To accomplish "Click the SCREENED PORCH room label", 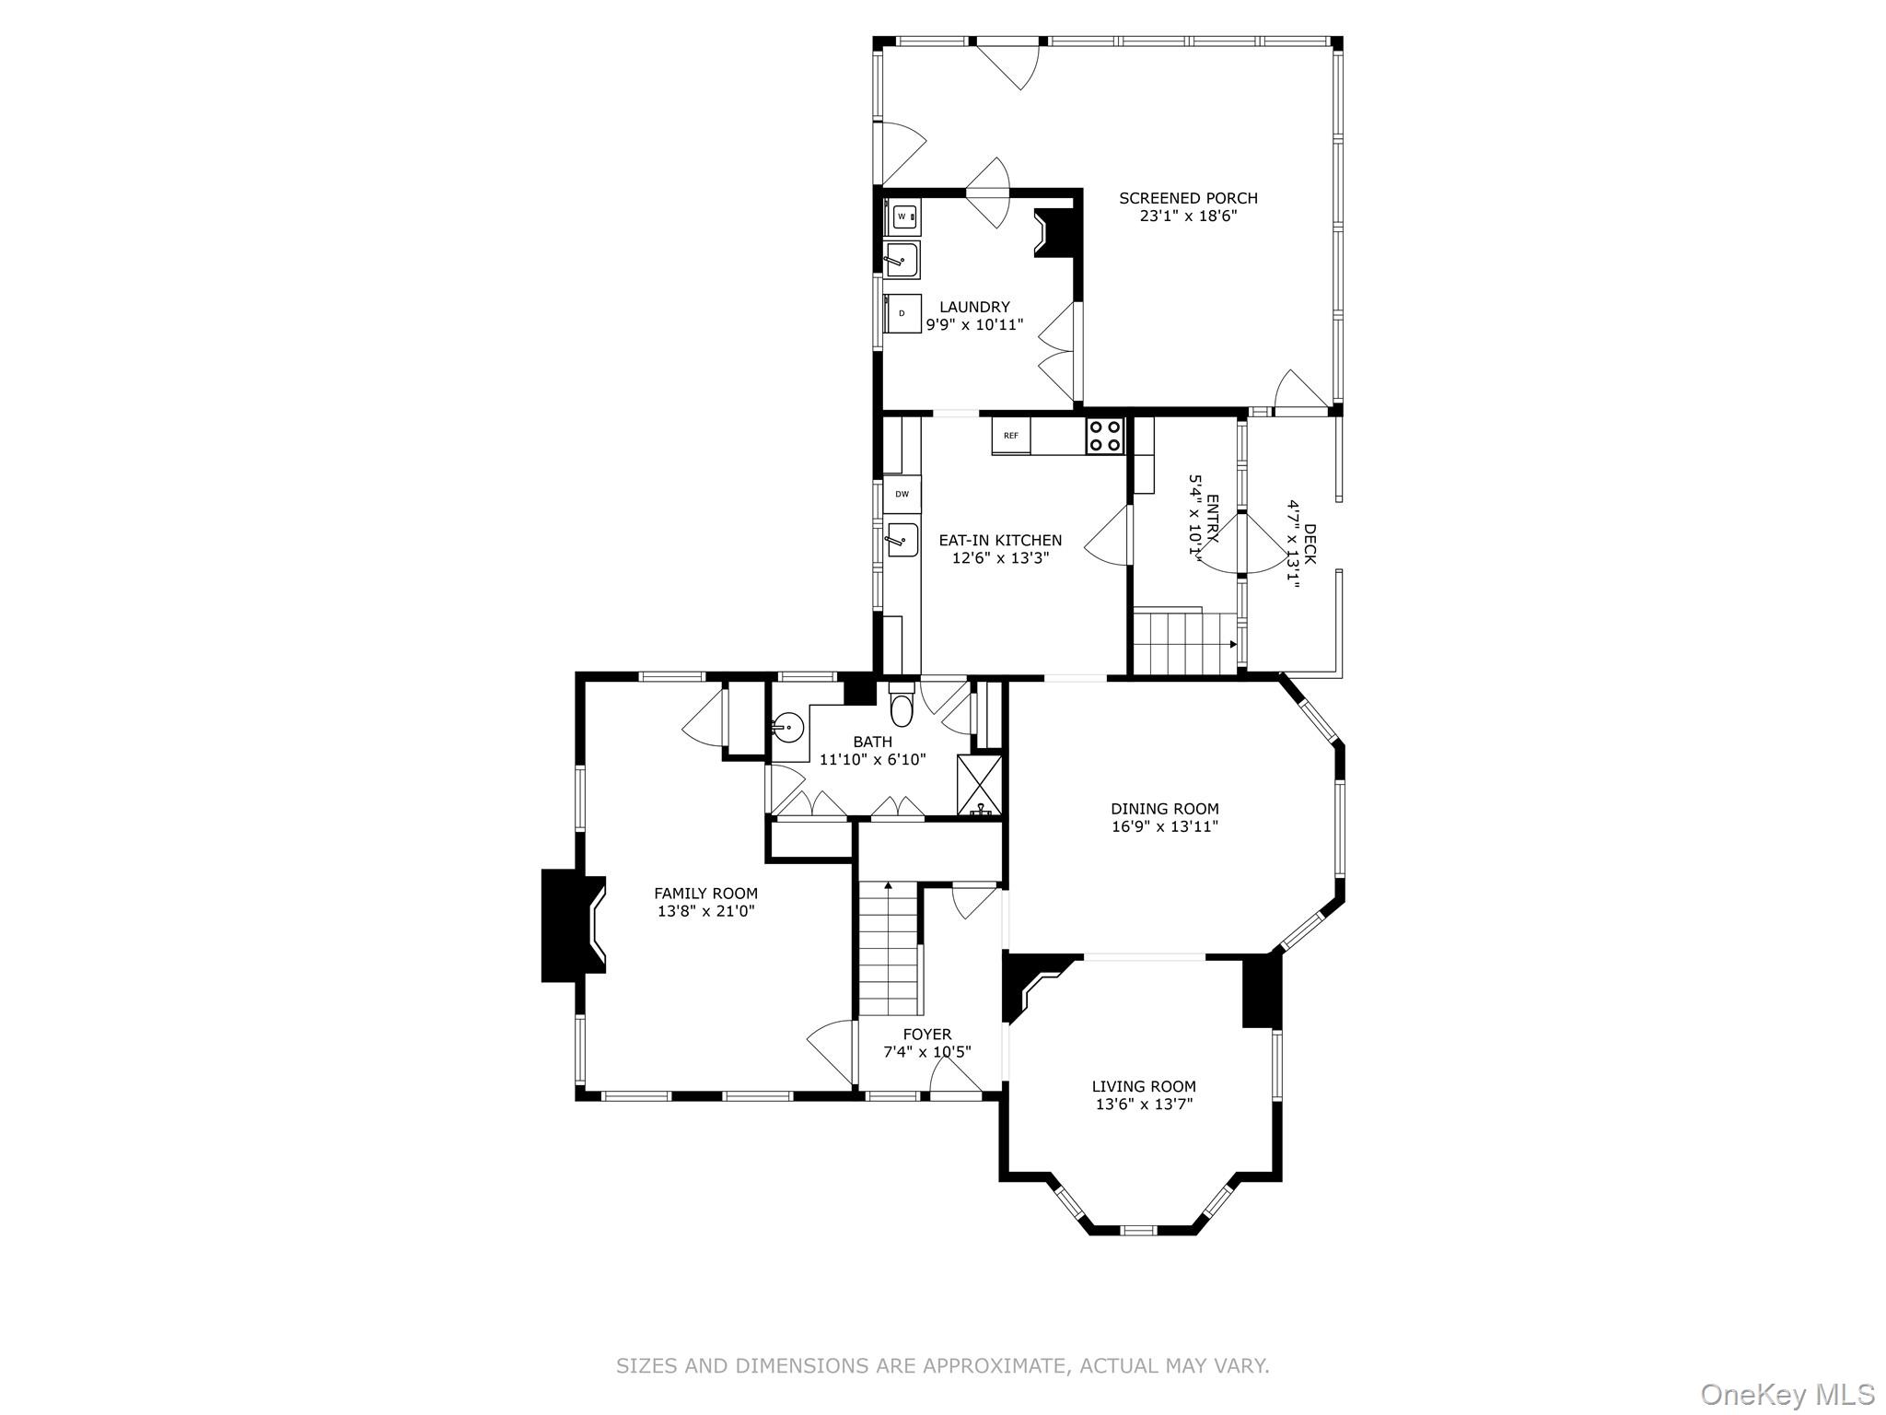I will [1188, 198].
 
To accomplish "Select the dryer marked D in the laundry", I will [902, 313].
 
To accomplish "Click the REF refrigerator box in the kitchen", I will [1011, 436].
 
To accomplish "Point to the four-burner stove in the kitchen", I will [1105, 436].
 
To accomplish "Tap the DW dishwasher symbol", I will [902, 495].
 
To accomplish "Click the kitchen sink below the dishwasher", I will [902, 539].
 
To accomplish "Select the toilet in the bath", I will [902, 707].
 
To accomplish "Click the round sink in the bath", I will [787, 730].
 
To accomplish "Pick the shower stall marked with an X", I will [979, 783].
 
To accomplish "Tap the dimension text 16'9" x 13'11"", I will [1165, 827].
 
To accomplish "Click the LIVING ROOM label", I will [1144, 1087].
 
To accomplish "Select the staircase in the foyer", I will [890, 949].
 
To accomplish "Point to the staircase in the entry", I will [1183, 642].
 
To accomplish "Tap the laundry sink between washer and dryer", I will [902, 261].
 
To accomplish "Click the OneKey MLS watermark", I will [1787, 1394].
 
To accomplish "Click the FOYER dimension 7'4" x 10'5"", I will [927, 1052].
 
